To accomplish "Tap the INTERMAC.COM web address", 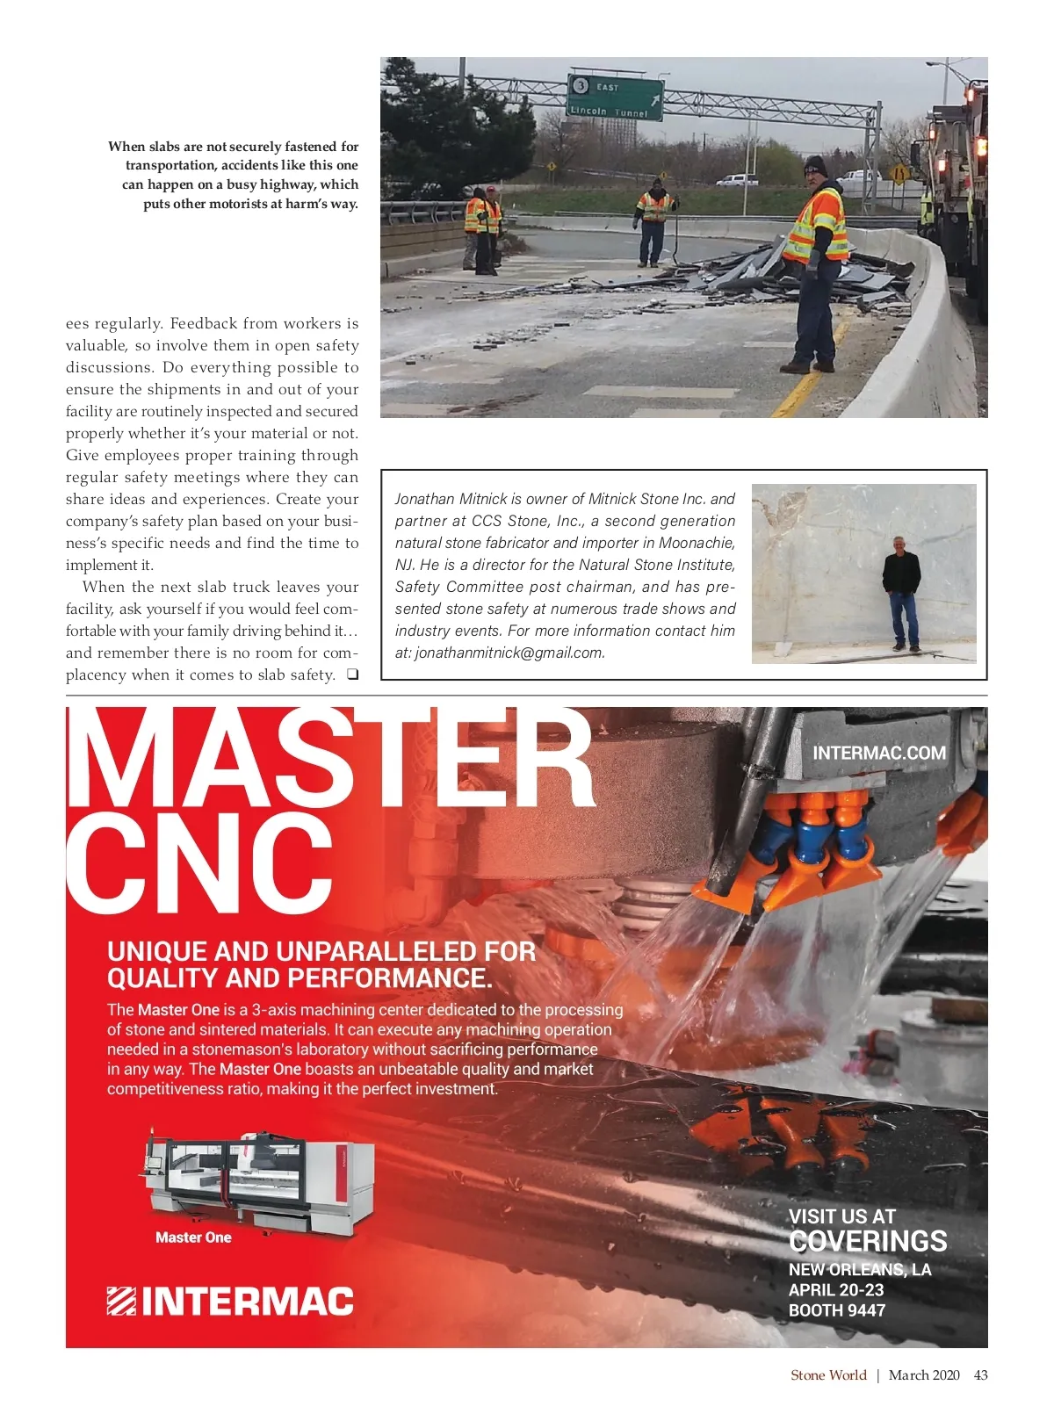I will click(879, 753).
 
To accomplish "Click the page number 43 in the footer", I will click(980, 1374).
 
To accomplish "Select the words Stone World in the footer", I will click(828, 1374).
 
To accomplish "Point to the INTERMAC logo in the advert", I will click(230, 1301).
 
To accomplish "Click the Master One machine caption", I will click(193, 1237).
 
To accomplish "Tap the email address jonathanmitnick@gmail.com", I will click(509, 653).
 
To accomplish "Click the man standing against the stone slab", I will click(901, 593).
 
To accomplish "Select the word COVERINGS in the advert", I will click(868, 1241).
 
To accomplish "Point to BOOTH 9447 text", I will click(837, 1310).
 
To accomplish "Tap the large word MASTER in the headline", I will click(329, 760).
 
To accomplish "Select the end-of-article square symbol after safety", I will click(351, 675).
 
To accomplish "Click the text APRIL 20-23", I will click(836, 1290).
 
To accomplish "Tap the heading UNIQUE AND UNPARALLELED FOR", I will click(321, 951).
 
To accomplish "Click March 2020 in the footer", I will click(924, 1374).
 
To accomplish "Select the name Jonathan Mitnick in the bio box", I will click(451, 499).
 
